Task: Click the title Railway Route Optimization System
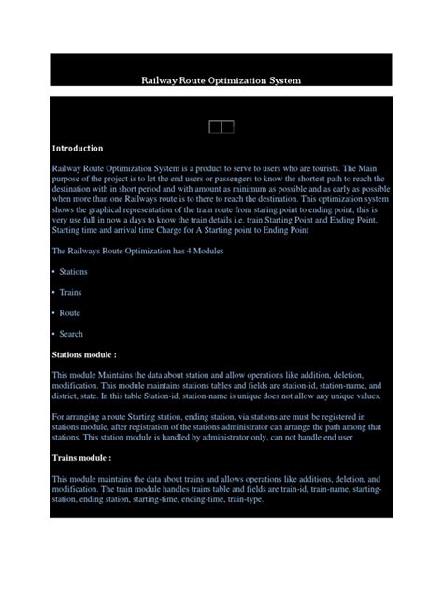[221, 80]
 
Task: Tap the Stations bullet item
[73, 272]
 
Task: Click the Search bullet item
[71, 334]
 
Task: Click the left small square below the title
[216, 126]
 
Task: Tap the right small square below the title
[227, 126]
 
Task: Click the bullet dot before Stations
[53, 272]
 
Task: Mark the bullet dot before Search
[53, 334]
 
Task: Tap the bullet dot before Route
[53, 313]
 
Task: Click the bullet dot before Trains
[53, 293]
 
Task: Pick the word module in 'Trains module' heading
[93, 458]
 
